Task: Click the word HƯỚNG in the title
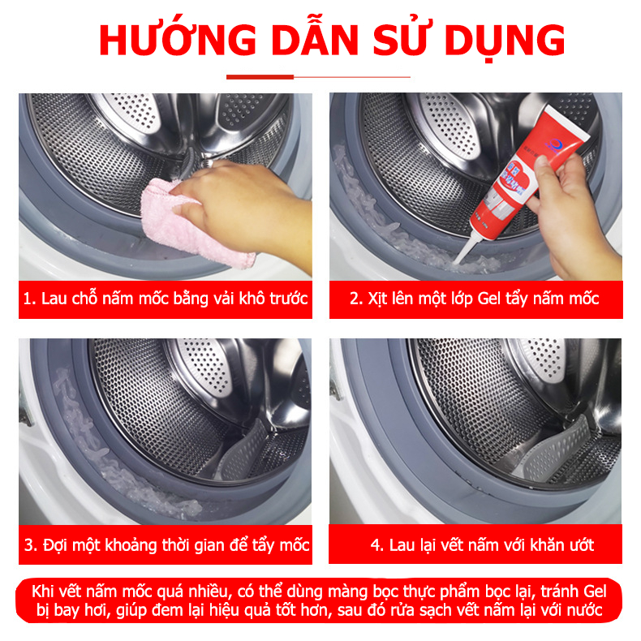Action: click(x=178, y=39)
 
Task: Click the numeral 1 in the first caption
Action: click(x=28, y=299)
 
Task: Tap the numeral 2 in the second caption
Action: click(x=354, y=299)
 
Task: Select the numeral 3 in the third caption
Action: click(x=28, y=545)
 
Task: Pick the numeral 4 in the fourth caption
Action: click(x=376, y=545)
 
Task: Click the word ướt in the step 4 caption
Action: click(x=580, y=544)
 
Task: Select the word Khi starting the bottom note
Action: click(x=42, y=592)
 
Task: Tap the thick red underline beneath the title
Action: click(x=260, y=77)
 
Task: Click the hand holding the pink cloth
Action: click(x=241, y=204)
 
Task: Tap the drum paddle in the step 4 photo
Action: click(x=556, y=450)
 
